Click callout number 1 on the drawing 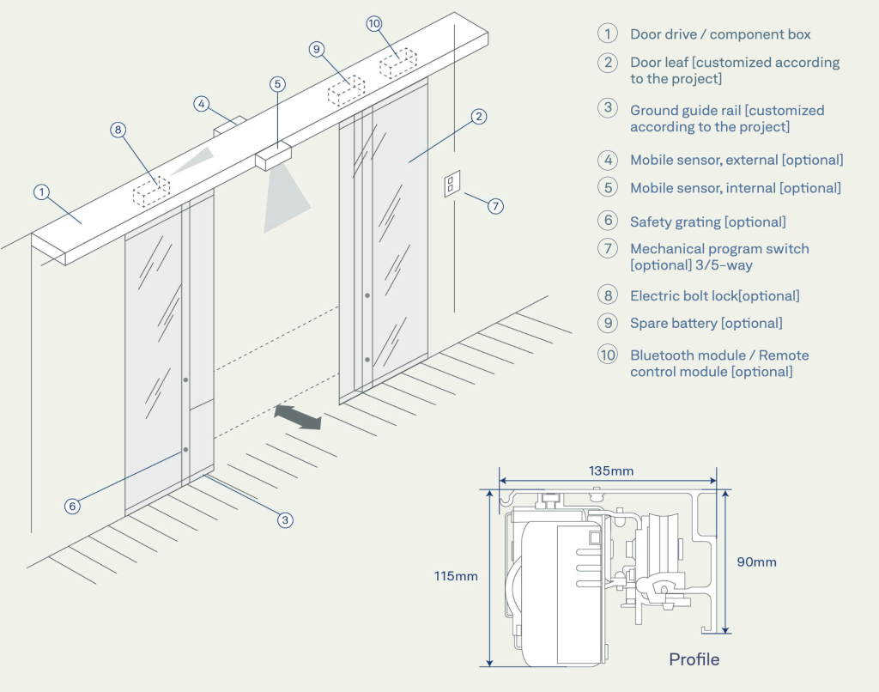coord(41,192)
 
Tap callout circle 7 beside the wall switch coord(496,206)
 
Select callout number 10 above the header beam coord(373,23)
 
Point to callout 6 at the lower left coord(72,506)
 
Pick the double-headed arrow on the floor coord(298,417)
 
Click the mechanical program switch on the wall coord(452,185)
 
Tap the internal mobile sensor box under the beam coord(274,157)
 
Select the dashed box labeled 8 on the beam coord(150,191)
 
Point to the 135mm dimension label coord(610,470)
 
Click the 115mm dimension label coord(456,576)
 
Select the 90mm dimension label coord(756,562)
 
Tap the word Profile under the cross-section coord(694,659)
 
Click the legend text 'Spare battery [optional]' coord(706,323)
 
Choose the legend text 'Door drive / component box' coord(720,34)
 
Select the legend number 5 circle coord(608,187)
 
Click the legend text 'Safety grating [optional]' coord(707,222)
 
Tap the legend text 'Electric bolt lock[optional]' coord(714,295)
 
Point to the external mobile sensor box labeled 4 coord(229,127)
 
